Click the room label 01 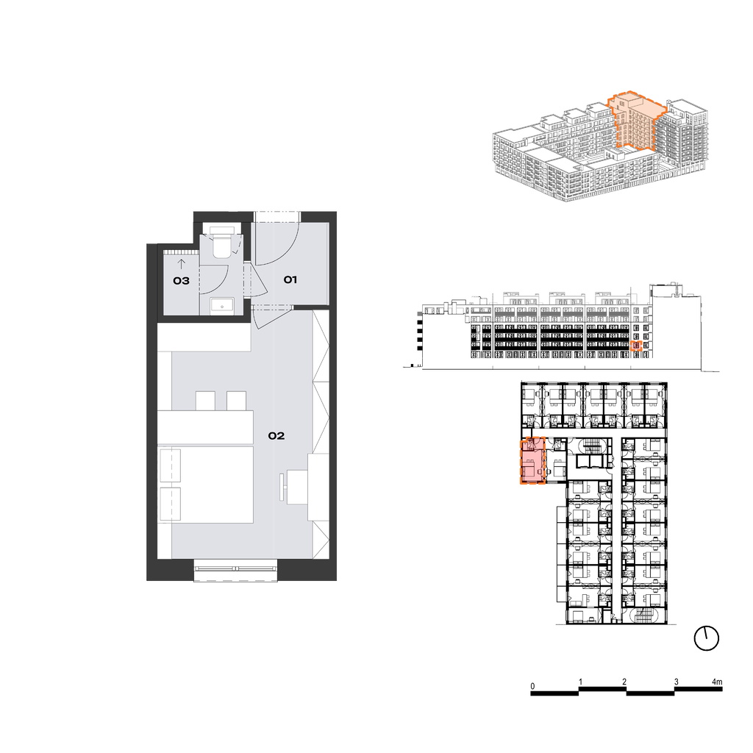[290, 279]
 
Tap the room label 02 [276, 435]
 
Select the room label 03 [181, 281]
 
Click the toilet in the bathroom [221, 242]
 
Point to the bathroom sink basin [222, 305]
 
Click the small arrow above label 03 [181, 264]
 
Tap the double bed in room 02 [206, 484]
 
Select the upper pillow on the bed [170, 465]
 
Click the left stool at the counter [205, 401]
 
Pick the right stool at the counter [236, 401]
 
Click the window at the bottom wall [236, 570]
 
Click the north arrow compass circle [707, 638]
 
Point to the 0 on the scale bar [532, 686]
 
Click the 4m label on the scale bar [716, 682]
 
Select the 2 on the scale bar [624, 682]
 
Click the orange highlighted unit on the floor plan [533, 460]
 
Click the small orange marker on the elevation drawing [636, 346]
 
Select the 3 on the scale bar [677, 682]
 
